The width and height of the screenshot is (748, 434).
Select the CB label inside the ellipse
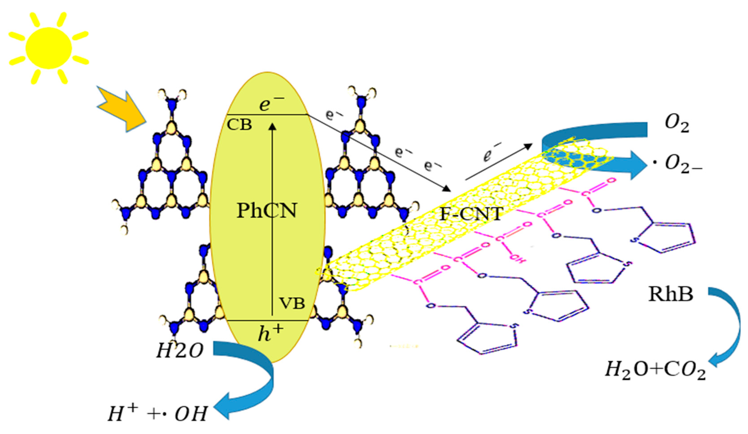[x=239, y=125]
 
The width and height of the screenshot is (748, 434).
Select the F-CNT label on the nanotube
[x=471, y=214]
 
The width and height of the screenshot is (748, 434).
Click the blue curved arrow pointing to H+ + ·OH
[x=261, y=383]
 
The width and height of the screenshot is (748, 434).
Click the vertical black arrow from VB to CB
[x=272, y=220]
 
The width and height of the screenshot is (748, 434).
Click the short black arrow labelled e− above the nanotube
[x=499, y=162]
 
